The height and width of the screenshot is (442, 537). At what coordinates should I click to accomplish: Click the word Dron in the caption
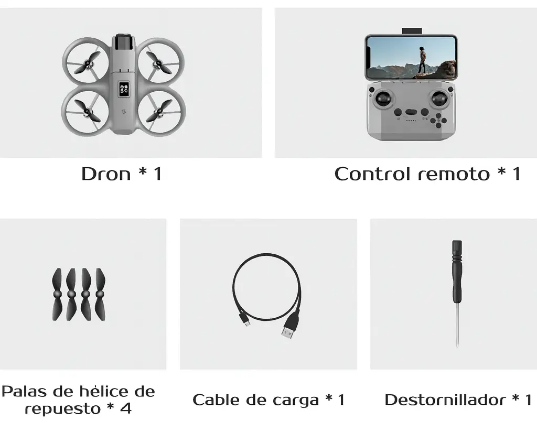point(106,174)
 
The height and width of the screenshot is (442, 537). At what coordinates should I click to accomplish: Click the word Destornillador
point(444,400)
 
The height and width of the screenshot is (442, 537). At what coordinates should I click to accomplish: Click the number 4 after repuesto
point(126,408)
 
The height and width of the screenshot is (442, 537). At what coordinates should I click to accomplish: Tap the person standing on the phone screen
point(422,60)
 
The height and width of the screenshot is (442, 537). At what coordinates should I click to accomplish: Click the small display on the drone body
point(124,90)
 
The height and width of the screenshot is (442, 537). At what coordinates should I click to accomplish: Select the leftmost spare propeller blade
point(57,294)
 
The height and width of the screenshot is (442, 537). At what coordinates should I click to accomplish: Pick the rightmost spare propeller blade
point(100,294)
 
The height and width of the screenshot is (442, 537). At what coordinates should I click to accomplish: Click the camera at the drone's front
point(124,40)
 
